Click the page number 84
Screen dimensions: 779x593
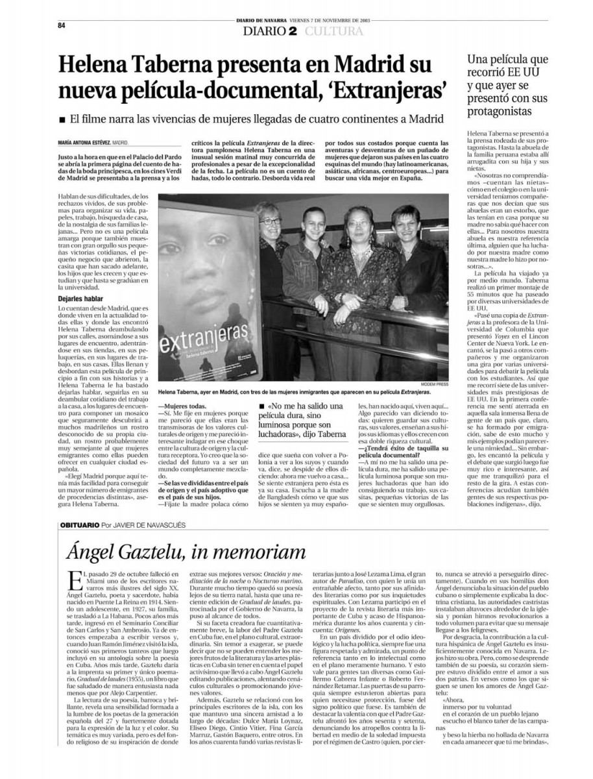[x=62, y=25]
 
